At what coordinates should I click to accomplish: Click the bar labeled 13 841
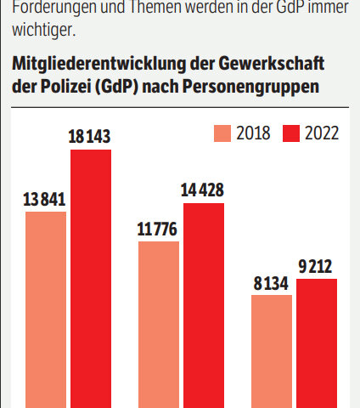coord(46,309)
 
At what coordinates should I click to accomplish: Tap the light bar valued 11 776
coord(159,324)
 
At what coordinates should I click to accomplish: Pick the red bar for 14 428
coord(204,305)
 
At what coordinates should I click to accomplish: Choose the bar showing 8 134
coord(272,351)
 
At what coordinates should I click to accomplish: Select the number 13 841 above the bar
coord(44,199)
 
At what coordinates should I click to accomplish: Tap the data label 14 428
coord(204,190)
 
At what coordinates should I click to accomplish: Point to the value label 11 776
coord(158,229)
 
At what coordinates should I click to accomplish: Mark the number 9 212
coord(318,266)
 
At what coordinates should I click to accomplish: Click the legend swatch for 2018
coord(223,133)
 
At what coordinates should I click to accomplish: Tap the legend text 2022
coord(322,133)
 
